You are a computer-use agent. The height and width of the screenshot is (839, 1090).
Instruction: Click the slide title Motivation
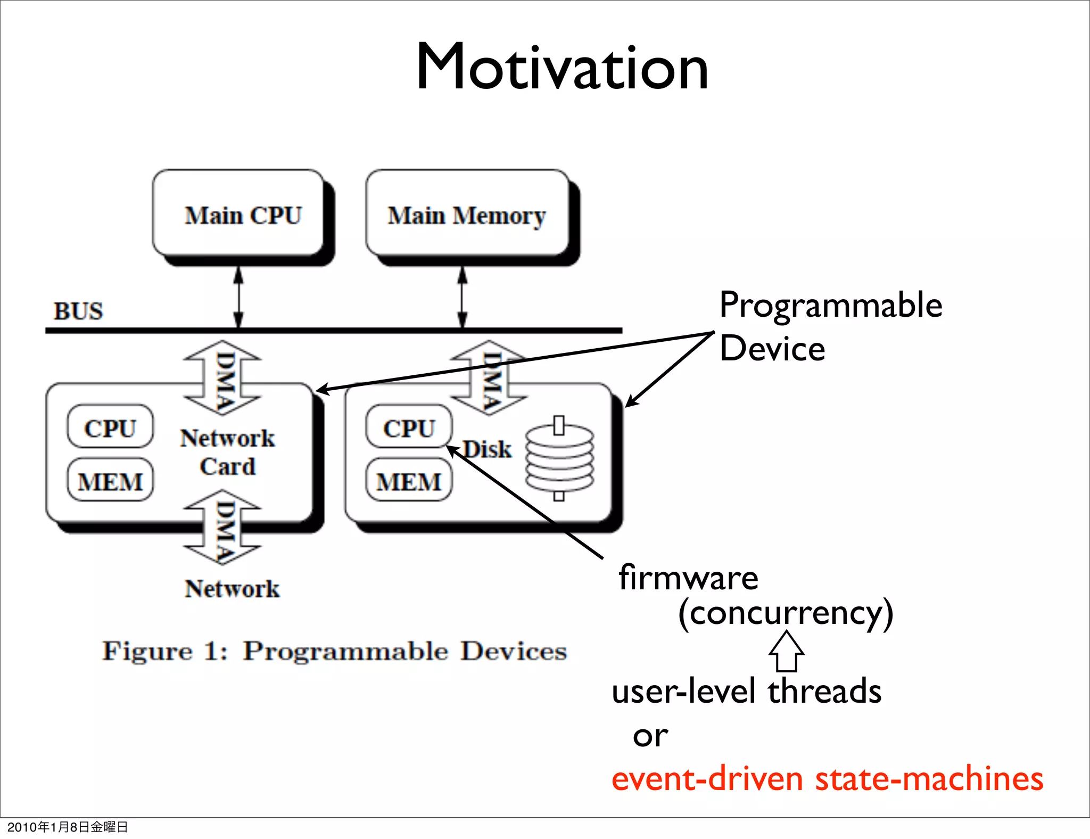click(x=561, y=68)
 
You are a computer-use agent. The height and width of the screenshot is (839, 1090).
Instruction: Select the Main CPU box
click(x=243, y=215)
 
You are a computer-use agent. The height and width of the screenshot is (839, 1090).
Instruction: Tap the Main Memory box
click(x=467, y=215)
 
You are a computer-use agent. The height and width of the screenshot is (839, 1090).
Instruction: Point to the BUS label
click(x=78, y=311)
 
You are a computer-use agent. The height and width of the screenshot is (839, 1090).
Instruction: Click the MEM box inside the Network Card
click(x=110, y=481)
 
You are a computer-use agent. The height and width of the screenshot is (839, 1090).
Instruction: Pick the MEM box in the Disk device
click(x=409, y=481)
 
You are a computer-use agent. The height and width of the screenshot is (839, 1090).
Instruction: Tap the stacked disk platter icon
click(x=559, y=458)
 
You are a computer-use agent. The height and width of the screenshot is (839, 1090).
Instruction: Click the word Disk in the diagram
click(x=487, y=449)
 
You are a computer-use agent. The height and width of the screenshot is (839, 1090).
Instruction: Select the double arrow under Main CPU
click(x=238, y=297)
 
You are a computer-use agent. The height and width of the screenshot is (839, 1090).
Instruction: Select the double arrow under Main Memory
click(x=463, y=297)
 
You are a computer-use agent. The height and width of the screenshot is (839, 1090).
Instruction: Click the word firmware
click(x=688, y=578)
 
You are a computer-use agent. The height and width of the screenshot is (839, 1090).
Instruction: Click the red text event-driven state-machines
click(x=827, y=779)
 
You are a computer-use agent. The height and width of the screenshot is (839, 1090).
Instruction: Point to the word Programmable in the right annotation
click(x=830, y=306)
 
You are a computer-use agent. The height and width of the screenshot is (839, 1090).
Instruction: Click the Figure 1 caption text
click(x=334, y=651)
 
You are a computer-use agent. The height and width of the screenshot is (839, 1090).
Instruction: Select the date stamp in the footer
click(x=68, y=827)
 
